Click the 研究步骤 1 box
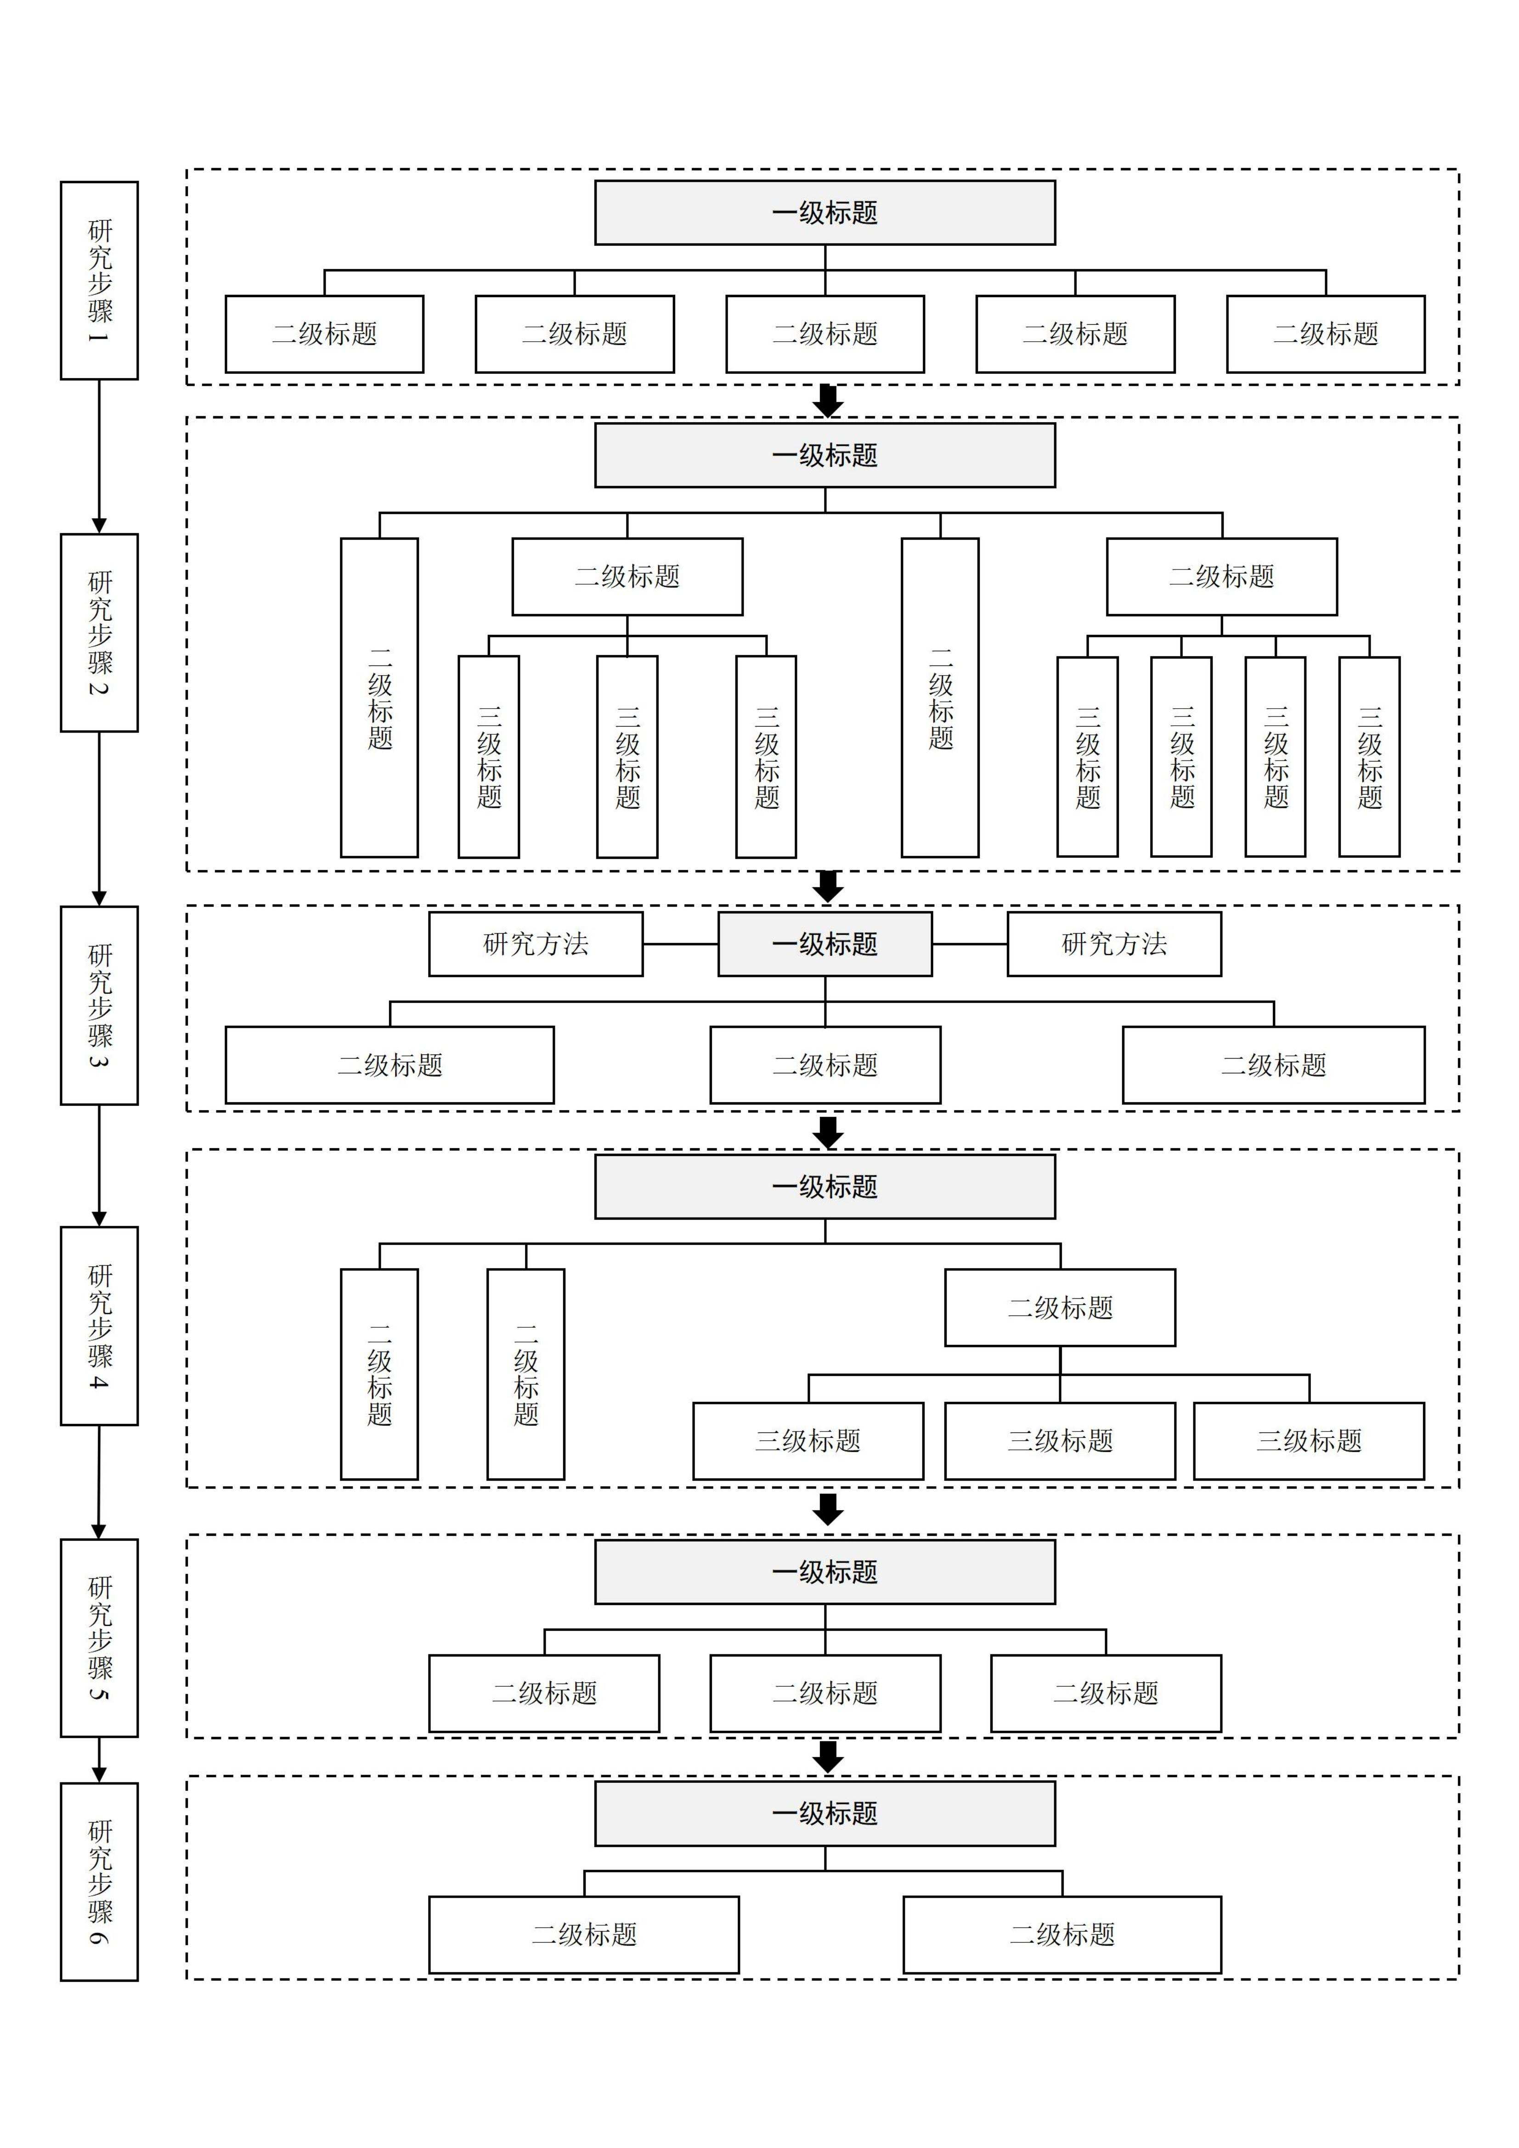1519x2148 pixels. pos(99,281)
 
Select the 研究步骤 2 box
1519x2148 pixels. pos(99,632)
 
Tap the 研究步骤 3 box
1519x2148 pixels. pos(99,1005)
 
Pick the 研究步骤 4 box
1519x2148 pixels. pos(99,1325)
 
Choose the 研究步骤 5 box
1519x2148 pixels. pos(99,1637)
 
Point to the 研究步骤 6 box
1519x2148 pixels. pos(99,1881)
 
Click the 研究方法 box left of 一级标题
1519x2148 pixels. pos(535,944)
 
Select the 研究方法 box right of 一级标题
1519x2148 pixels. pos(1114,944)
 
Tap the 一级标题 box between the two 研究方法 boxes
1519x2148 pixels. pos(824,944)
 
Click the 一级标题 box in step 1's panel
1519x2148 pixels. pos(824,212)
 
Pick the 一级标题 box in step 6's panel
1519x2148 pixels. pos(824,1813)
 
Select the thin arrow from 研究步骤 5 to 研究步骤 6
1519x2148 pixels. pos(99,1759)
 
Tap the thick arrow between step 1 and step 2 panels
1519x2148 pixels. pos(827,400)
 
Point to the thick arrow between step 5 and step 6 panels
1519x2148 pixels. pos(827,1756)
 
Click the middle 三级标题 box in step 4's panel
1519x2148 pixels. pos(1060,1441)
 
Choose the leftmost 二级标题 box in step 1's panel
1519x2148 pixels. pos(324,334)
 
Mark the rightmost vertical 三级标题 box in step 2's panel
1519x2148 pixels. pos(1369,756)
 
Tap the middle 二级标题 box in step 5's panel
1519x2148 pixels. pos(824,1693)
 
